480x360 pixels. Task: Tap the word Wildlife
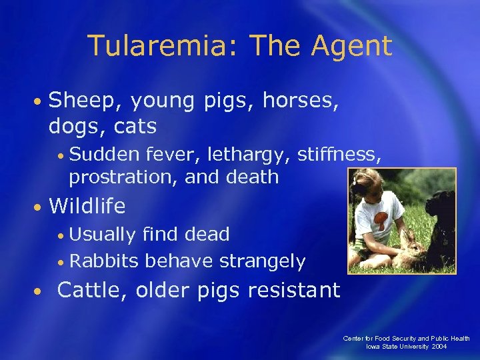pyautogui.click(x=87, y=206)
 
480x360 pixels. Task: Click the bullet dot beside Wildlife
pyautogui.click(x=40, y=207)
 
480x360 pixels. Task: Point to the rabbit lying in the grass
pyautogui.click(x=413, y=252)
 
